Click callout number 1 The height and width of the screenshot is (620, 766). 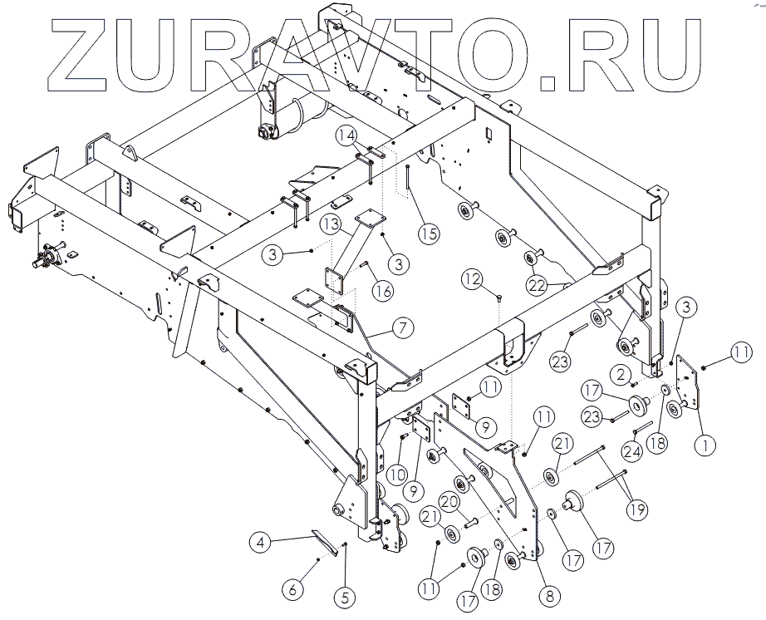pyautogui.click(x=706, y=445)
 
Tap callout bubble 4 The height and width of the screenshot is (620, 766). pyautogui.click(x=261, y=544)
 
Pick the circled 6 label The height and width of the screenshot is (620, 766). pyautogui.click(x=292, y=589)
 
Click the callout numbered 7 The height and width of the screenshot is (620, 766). pyautogui.click(x=401, y=327)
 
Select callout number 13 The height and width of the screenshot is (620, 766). pyautogui.click(x=331, y=224)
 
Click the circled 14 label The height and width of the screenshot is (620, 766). pyautogui.click(x=346, y=135)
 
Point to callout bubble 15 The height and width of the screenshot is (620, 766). pyautogui.click(x=427, y=234)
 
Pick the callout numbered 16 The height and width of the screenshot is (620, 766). pyautogui.click(x=382, y=291)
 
